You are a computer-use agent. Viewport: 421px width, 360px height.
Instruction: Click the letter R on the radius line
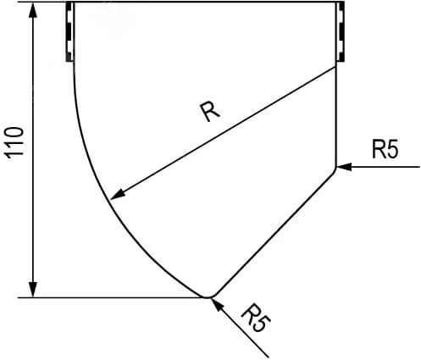pyautogui.click(x=210, y=112)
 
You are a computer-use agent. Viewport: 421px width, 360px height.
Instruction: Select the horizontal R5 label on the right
pyautogui.click(x=385, y=149)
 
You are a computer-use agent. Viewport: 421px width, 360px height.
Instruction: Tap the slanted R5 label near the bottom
pyautogui.click(x=256, y=318)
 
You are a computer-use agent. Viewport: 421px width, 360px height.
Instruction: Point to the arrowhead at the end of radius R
pyautogui.click(x=118, y=194)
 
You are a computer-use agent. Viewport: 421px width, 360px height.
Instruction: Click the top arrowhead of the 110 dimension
pyautogui.click(x=33, y=10)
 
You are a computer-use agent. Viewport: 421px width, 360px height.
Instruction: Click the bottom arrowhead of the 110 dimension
pyautogui.click(x=33, y=290)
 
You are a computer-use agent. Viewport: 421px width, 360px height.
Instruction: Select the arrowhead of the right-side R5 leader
pyautogui.click(x=344, y=167)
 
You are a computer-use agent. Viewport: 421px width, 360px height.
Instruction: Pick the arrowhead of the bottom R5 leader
pyautogui.click(x=217, y=305)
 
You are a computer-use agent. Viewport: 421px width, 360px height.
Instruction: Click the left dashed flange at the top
pyautogui.click(x=69, y=31)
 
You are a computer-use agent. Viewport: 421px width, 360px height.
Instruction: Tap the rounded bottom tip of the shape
pyautogui.click(x=208, y=297)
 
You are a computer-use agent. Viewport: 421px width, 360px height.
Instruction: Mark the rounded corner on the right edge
pyautogui.click(x=335, y=169)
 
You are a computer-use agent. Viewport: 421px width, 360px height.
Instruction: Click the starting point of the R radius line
pyautogui.click(x=335, y=67)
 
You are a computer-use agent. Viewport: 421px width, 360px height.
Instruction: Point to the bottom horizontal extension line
pyautogui.click(x=112, y=297)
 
